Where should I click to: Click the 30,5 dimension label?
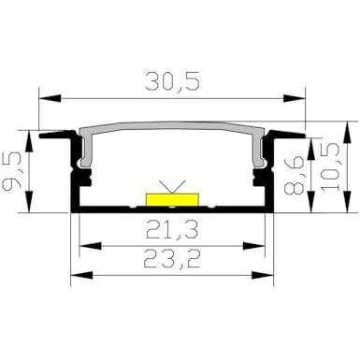click(x=172, y=82)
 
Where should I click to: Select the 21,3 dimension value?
click(x=172, y=230)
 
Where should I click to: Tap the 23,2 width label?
click(x=172, y=259)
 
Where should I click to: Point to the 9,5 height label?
click(x=12, y=172)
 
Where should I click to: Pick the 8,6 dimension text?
click(x=294, y=176)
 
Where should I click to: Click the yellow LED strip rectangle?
click(x=172, y=199)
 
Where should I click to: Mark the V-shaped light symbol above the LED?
click(x=172, y=186)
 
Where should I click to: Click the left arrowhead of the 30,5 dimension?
click(x=50, y=98)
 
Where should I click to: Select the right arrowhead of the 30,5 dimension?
click(x=295, y=99)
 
